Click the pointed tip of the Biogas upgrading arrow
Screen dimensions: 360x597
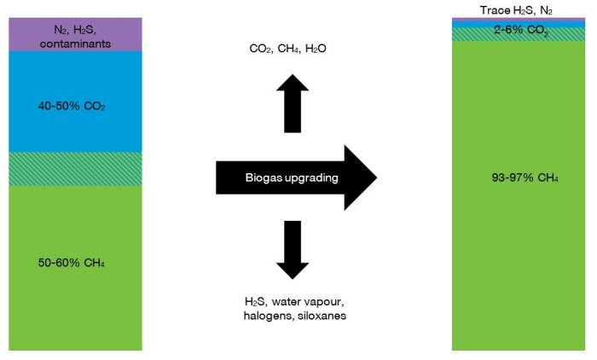click(373, 177)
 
